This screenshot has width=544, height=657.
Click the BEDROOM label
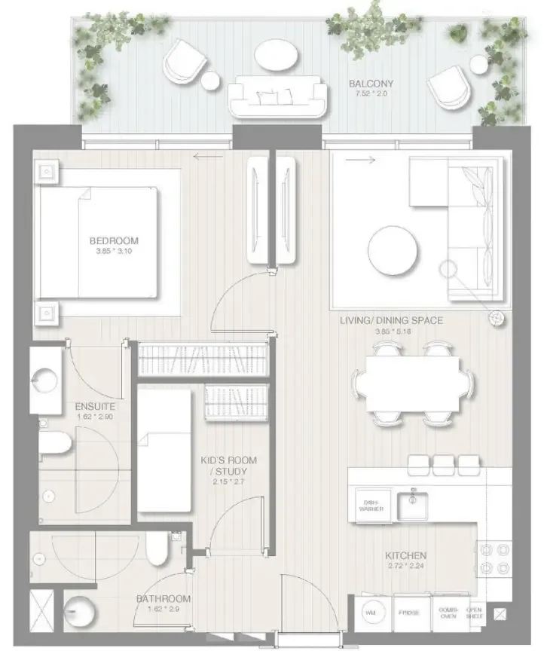pos(114,241)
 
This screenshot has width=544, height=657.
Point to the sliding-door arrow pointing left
pos(208,157)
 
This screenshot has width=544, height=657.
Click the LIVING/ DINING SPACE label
pos(391,321)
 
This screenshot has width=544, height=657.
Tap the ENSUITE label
pos(95,407)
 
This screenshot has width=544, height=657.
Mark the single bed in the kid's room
pos(164,451)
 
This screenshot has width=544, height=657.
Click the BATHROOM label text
pos(164,599)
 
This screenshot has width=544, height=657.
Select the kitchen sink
pos(412,506)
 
